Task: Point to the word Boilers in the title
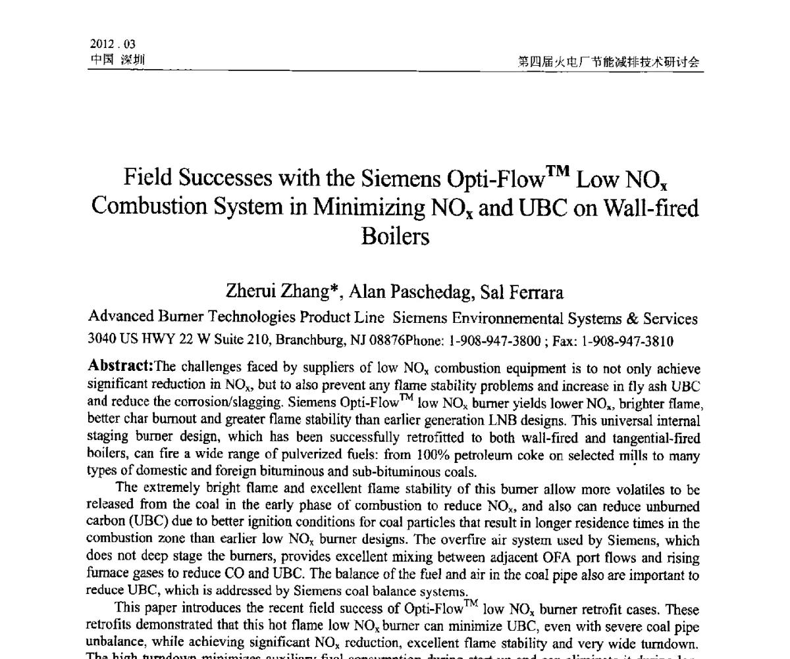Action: pyautogui.click(x=395, y=235)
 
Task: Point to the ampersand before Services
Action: pyautogui.click(x=633, y=319)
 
